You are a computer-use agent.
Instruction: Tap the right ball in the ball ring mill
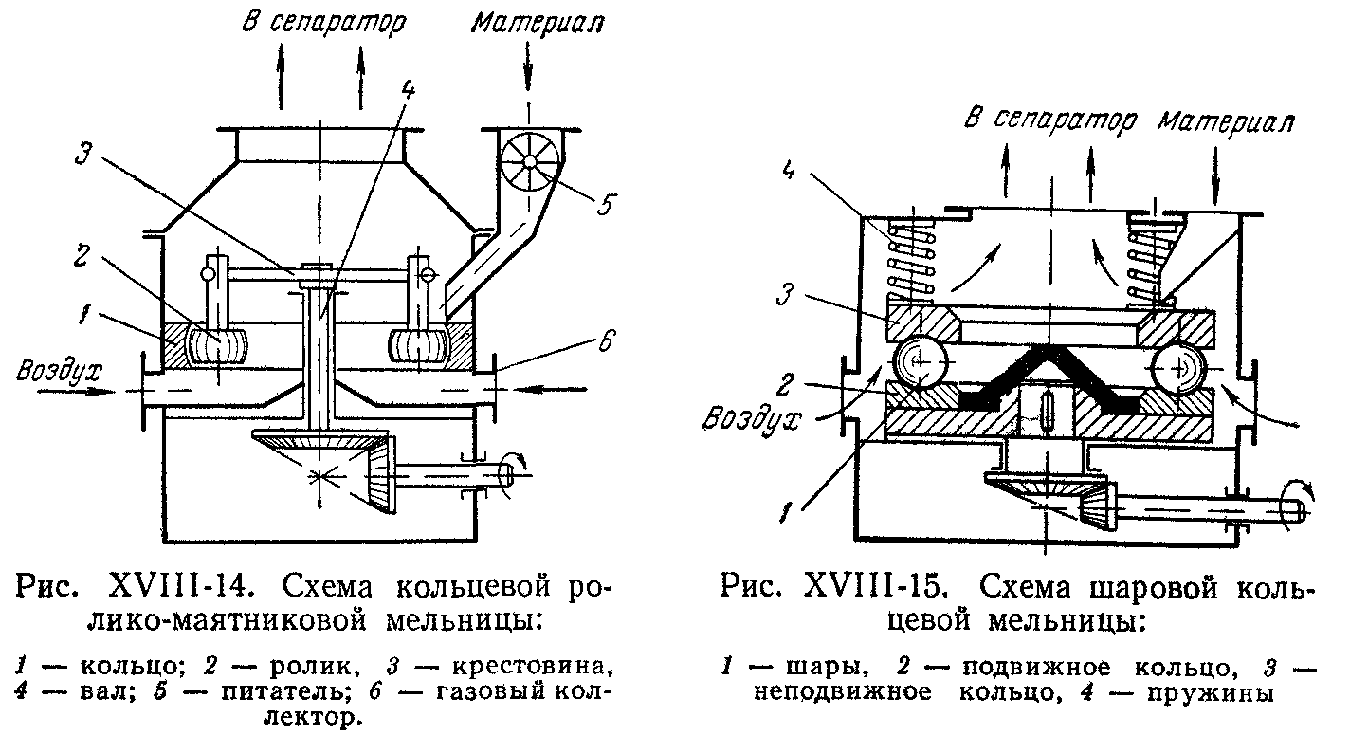(1178, 368)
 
